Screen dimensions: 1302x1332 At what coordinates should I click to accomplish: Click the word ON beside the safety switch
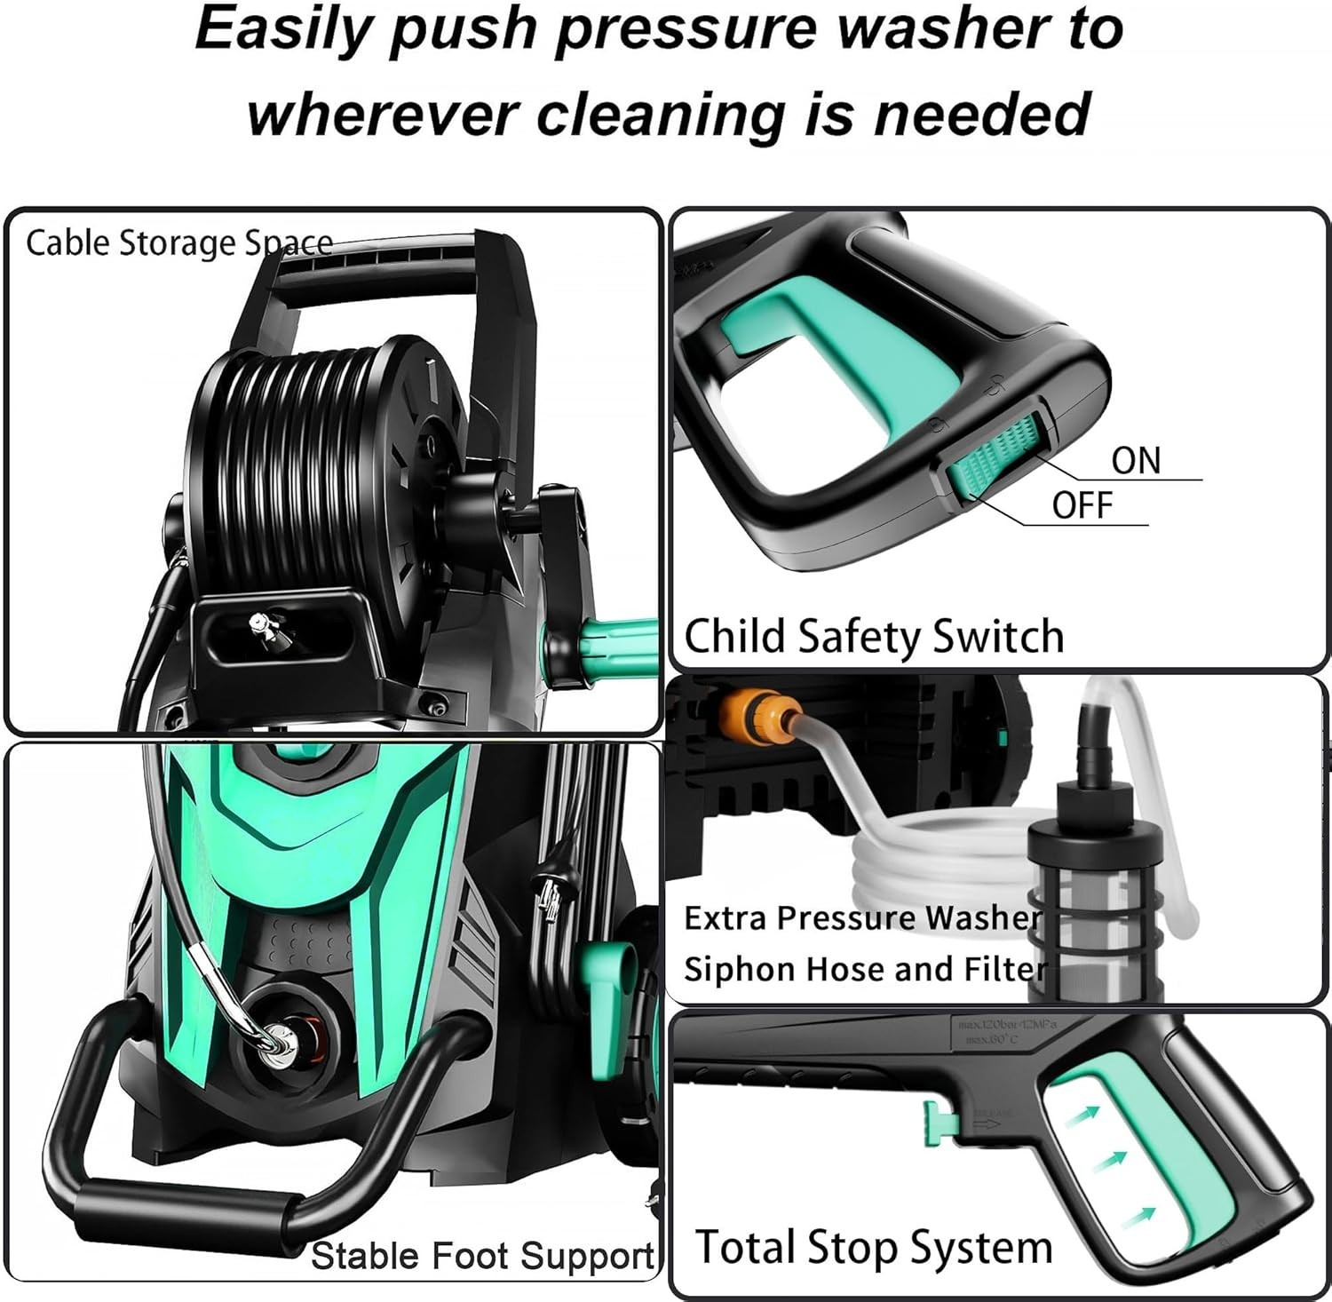[1136, 461]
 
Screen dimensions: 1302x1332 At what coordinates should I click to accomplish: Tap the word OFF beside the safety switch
[1082, 505]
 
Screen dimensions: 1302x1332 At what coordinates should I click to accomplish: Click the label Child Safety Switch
[874, 636]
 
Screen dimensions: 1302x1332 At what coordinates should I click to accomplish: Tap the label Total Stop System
[874, 1247]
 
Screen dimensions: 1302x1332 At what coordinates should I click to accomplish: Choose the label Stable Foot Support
[483, 1256]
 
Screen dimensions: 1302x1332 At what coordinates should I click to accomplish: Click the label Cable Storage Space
[178, 242]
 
